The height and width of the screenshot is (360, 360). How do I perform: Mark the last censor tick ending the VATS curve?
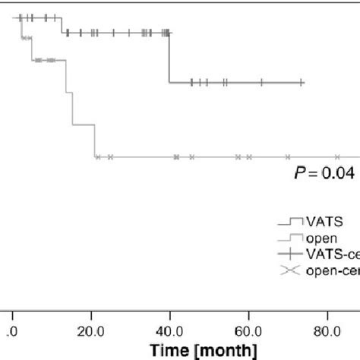pyautogui.click(x=302, y=82)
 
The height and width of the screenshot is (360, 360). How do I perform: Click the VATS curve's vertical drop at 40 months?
pyautogui.click(x=169, y=58)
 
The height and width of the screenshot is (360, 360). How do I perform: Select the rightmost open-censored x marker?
pyautogui.click(x=337, y=156)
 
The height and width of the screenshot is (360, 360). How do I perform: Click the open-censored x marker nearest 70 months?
pyautogui.click(x=287, y=156)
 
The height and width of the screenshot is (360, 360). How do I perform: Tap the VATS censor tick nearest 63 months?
pyautogui.click(x=262, y=82)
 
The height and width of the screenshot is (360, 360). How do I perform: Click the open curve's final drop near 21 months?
pyautogui.click(x=94, y=141)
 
